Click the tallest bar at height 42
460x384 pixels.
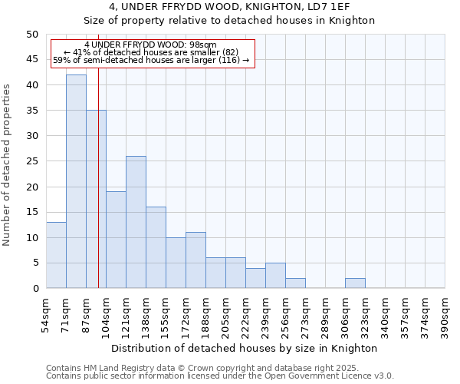(x=76, y=181)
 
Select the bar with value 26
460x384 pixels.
(x=136, y=222)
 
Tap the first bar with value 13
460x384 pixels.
(x=56, y=255)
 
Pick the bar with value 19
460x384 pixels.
(x=116, y=240)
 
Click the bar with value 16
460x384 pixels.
(x=156, y=247)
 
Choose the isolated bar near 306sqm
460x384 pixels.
(x=355, y=283)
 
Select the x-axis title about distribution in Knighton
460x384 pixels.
(x=245, y=348)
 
